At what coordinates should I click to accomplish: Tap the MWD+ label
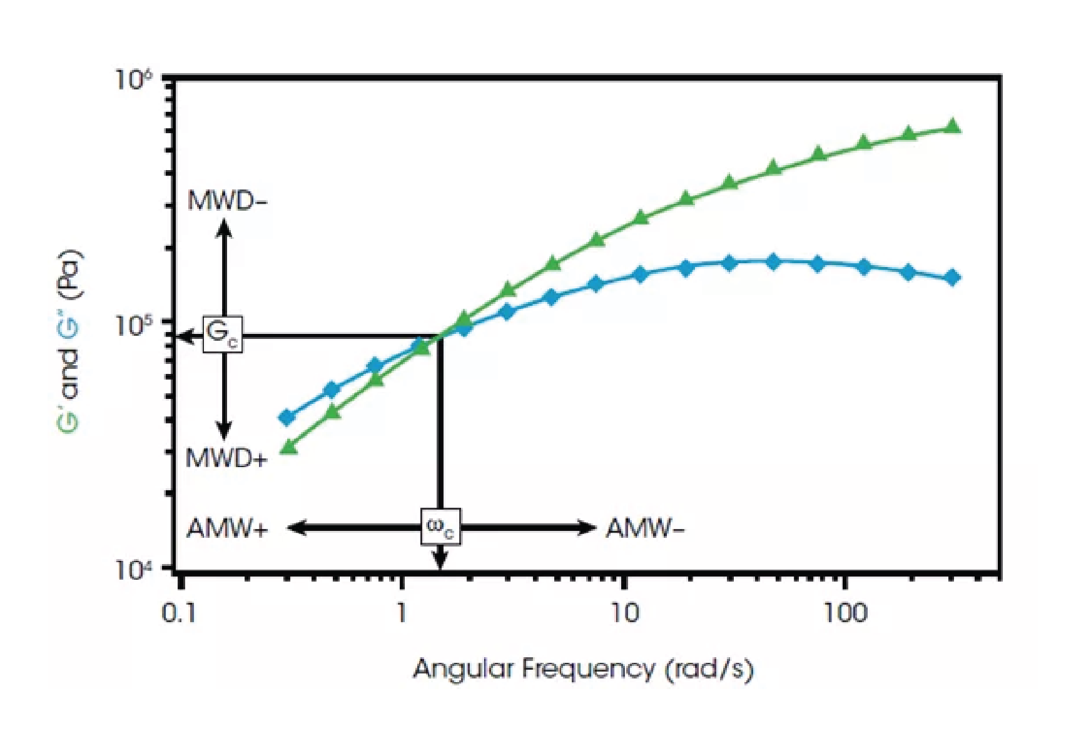pos(226,459)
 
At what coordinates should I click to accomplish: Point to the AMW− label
pos(645,529)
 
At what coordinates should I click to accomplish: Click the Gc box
pos(222,335)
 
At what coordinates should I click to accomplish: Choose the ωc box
pos(440,526)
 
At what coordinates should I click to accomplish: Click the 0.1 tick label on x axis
pos(178,613)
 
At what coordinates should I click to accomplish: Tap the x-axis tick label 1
pos(402,613)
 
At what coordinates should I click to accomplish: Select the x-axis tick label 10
pos(623,613)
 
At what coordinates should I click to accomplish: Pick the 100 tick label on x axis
pos(845,613)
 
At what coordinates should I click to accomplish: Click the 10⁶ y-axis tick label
pos(135,80)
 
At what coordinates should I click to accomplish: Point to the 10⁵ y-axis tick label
pos(135,325)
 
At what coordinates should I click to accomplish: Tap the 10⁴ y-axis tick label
pos(135,570)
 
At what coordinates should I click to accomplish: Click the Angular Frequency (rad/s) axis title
pos(583,669)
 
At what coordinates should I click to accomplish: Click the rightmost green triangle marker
pos(952,126)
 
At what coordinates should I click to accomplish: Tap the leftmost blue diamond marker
pos(287,417)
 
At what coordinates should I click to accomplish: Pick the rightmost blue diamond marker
pos(952,277)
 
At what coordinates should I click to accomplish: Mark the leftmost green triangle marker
pos(288,446)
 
